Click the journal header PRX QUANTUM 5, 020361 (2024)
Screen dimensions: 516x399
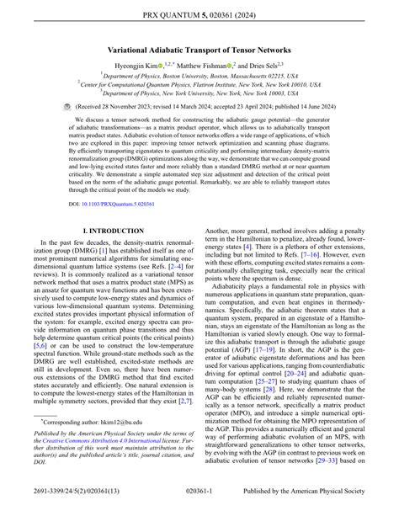(x=199, y=13)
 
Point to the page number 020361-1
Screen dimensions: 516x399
(x=199, y=504)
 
